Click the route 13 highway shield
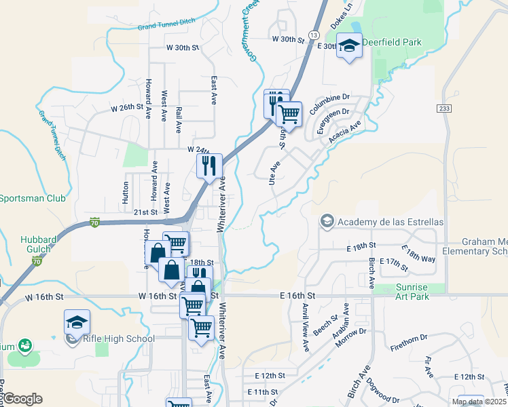point(313,35)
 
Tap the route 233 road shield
point(443,108)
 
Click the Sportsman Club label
point(33,199)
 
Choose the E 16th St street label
point(297,296)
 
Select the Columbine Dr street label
point(329,98)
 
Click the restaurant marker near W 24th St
point(209,165)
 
